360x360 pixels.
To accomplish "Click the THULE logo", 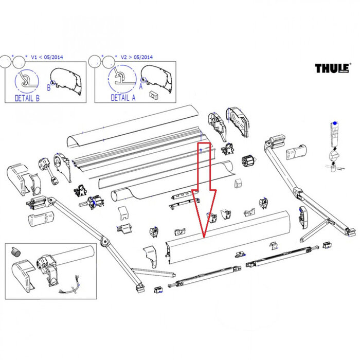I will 332,69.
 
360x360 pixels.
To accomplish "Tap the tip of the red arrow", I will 204,238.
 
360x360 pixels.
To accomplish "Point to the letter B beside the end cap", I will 49,87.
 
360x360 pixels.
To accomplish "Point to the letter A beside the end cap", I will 140,87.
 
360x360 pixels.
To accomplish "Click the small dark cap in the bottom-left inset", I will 15,251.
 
